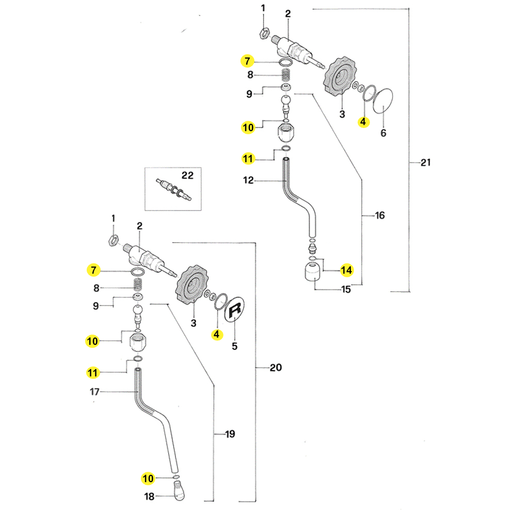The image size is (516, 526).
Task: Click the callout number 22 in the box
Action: click(x=187, y=176)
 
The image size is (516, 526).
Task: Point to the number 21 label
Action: click(x=425, y=163)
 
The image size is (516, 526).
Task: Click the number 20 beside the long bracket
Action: click(x=276, y=368)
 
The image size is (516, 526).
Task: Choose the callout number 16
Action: click(x=380, y=215)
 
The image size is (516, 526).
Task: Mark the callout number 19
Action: click(x=230, y=434)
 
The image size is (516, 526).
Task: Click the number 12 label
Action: click(x=249, y=181)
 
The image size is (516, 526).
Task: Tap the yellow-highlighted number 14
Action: click(x=346, y=269)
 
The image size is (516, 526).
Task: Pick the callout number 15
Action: click(x=346, y=290)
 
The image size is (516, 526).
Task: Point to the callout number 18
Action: click(x=149, y=497)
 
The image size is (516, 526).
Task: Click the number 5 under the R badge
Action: click(x=235, y=346)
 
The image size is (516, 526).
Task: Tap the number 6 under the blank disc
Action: click(x=383, y=133)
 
